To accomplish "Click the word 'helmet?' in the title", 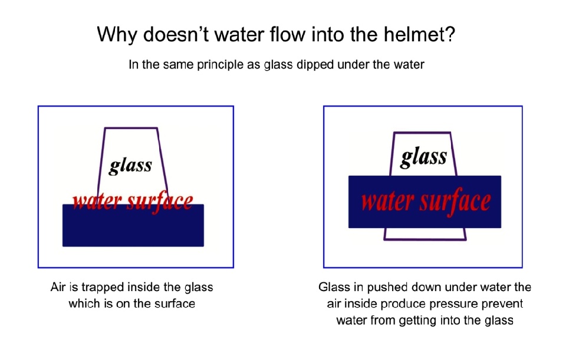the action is pyautogui.click(x=419, y=35).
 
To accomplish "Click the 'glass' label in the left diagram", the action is pyautogui.click(x=130, y=166).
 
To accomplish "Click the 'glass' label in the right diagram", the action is pyautogui.click(x=424, y=157).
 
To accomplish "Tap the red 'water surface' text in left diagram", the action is pyautogui.click(x=133, y=202).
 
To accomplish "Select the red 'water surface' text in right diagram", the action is pyautogui.click(x=426, y=202).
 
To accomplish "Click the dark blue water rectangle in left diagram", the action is pyautogui.click(x=133, y=226).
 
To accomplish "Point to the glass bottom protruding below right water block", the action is pyautogui.click(x=425, y=234).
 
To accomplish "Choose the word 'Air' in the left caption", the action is pyautogui.click(x=58, y=287).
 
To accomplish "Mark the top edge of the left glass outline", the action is pyautogui.click(x=131, y=128).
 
